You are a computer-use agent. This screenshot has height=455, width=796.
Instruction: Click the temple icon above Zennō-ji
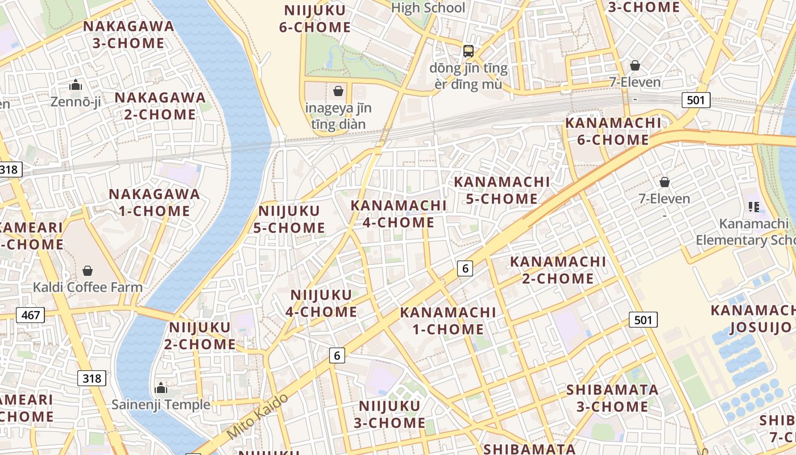76,85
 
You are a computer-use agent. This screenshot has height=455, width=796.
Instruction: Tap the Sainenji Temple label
161,405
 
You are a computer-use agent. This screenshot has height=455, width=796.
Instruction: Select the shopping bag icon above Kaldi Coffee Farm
88,270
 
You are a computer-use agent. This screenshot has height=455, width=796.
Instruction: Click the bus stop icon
468,51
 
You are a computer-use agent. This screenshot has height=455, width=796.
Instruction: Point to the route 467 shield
30,315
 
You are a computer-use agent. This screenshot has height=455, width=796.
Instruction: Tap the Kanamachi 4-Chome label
399,214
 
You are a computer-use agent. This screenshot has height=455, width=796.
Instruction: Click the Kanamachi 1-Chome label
448,321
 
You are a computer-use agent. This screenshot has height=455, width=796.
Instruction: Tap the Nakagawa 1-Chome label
154,202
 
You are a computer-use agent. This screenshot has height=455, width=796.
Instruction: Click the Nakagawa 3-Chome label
129,35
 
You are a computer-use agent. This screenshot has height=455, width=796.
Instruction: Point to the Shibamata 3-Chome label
612,398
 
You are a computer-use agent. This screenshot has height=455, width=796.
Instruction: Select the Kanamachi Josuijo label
753,318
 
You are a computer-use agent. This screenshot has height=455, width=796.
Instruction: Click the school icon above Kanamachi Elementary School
754,207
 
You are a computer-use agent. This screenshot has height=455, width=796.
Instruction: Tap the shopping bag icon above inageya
338,91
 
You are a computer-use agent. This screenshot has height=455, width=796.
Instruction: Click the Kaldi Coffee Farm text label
88,287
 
